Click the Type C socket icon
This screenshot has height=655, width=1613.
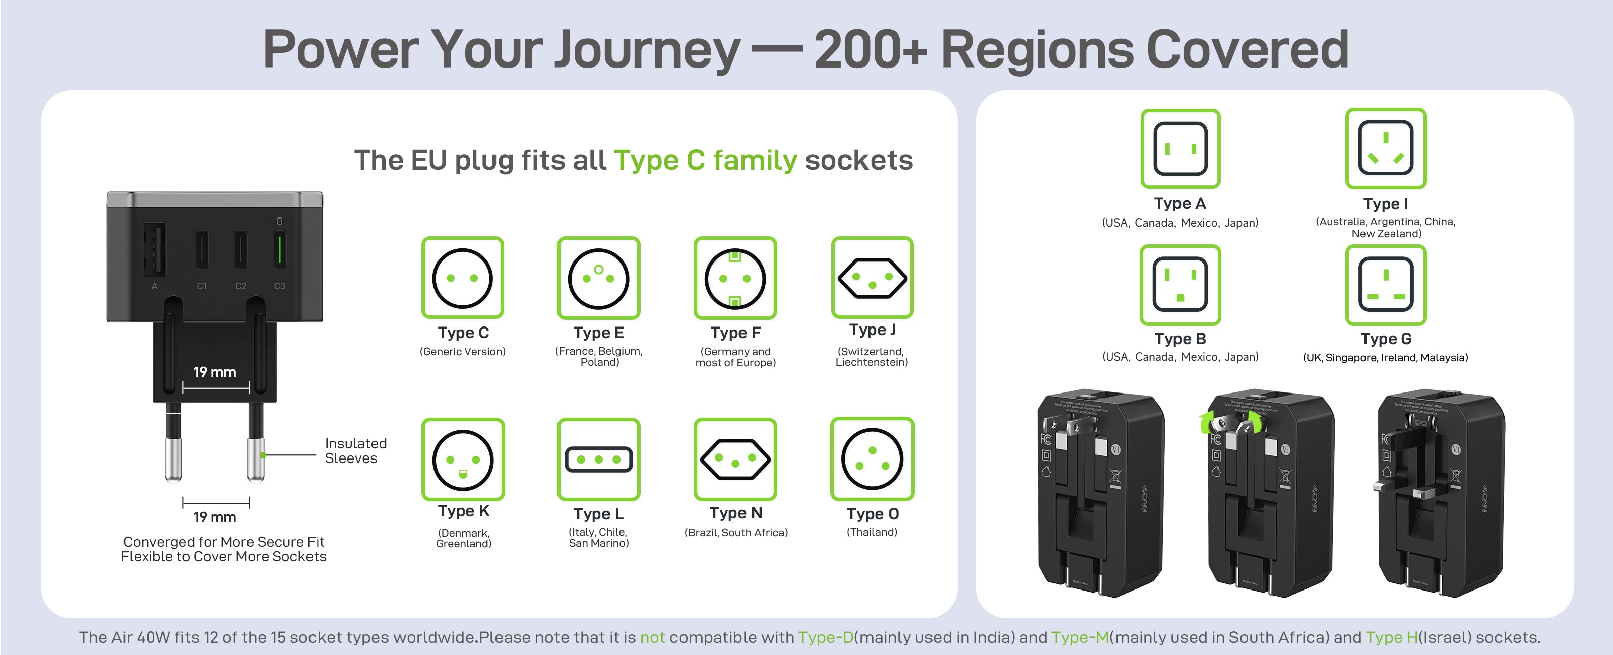[x=462, y=278]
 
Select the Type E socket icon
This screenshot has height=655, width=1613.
[x=598, y=278]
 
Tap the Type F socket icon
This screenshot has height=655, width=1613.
[x=734, y=278]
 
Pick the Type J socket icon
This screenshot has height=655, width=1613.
[x=872, y=278]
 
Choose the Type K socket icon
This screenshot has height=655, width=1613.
[x=463, y=459]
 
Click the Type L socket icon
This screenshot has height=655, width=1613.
[x=598, y=459]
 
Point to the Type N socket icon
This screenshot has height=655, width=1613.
[x=734, y=459]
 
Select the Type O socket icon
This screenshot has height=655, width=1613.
[x=872, y=459]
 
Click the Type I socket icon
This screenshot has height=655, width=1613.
[x=1385, y=149]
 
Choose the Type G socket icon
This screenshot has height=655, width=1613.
[x=1385, y=284]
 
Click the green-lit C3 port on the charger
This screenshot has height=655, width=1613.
[x=279, y=248]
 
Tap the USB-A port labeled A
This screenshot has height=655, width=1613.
[x=155, y=248]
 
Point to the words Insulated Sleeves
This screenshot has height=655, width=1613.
[x=355, y=451]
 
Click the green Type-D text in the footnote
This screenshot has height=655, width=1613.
[x=825, y=637]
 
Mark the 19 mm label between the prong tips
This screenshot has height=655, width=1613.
[x=215, y=517]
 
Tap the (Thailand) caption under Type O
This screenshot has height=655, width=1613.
[x=872, y=532]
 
